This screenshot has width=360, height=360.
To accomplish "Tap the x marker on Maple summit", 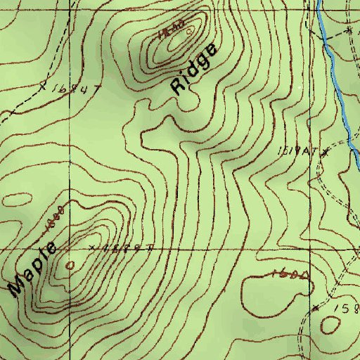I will pos(94,247).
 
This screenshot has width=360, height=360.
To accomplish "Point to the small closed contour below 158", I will pos(331,325).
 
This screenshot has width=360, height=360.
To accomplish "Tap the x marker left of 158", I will pos(316,308).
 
